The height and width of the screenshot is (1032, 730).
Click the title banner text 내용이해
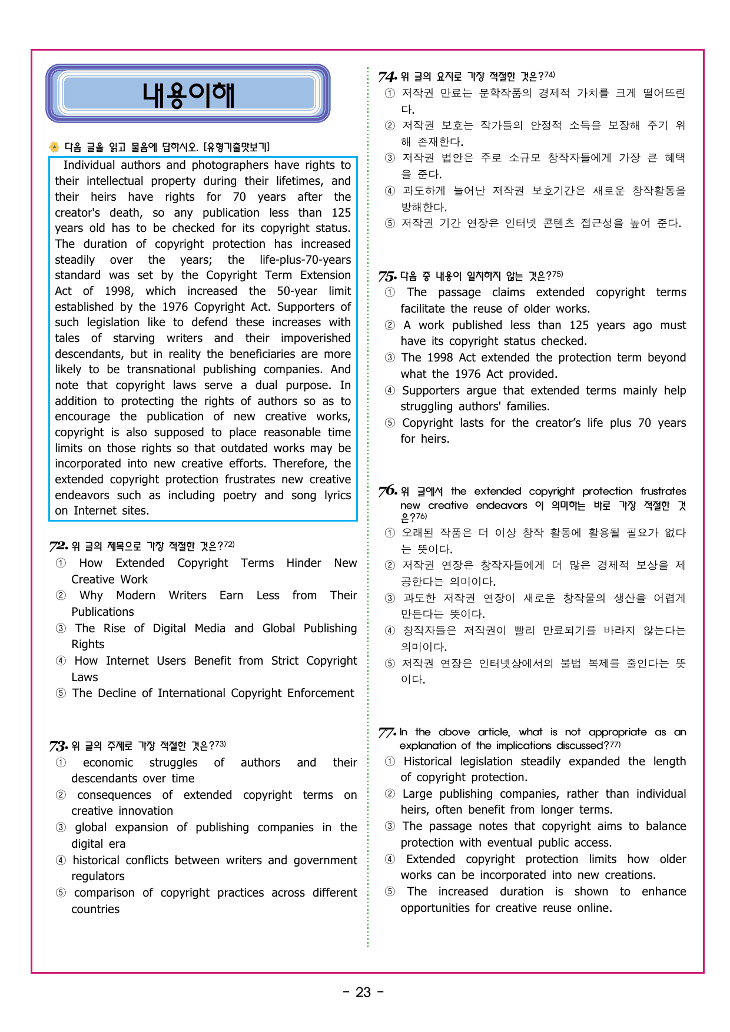(188, 95)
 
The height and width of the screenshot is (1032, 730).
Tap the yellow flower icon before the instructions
(54, 147)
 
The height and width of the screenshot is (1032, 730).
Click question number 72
(58, 546)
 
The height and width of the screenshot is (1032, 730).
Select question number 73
(58, 746)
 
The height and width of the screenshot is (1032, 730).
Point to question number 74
(388, 77)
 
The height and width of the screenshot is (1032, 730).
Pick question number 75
(388, 276)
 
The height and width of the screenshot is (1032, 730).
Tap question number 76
(388, 491)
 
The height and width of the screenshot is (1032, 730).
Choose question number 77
(387, 732)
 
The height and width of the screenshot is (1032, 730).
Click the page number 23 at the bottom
(363, 993)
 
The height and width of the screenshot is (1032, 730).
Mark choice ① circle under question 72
(61, 563)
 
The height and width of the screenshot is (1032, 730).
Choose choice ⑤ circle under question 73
(61, 892)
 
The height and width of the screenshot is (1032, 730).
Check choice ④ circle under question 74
(390, 191)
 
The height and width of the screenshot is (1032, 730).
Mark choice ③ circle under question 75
(390, 357)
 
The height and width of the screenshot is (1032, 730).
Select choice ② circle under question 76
(390, 565)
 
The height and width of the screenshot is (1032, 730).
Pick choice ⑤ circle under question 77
(390, 891)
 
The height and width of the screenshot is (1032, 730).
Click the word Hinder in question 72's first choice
(304, 563)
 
